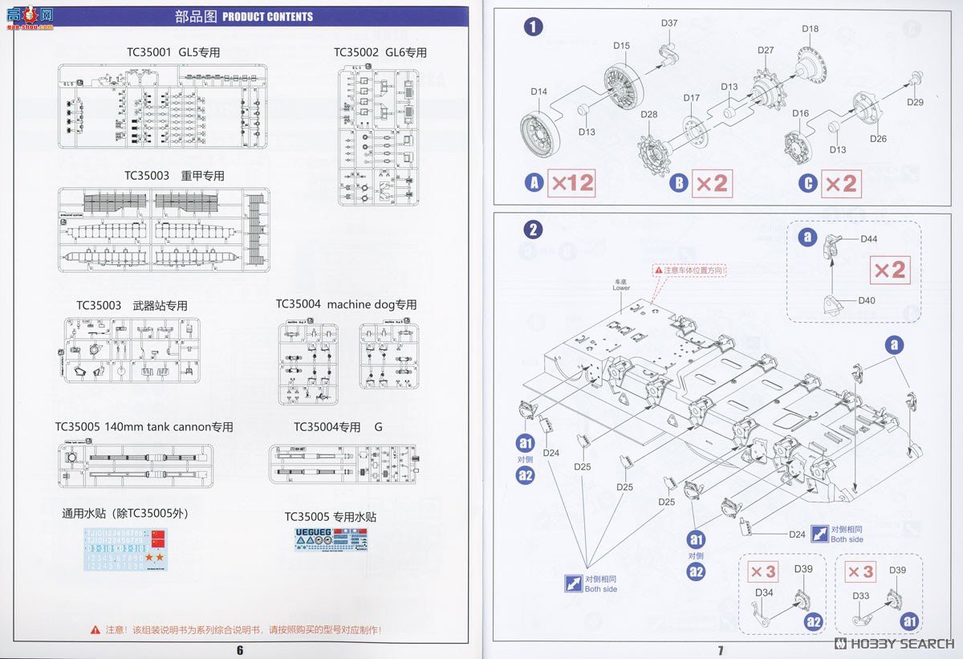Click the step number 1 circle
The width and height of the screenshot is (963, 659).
(533, 27)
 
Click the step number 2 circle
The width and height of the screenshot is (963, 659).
(533, 230)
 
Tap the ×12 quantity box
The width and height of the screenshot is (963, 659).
(571, 183)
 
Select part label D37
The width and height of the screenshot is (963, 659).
(669, 23)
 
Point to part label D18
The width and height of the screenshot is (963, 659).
(810, 29)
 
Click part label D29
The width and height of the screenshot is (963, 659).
(915, 102)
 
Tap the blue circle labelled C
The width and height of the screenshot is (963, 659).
(808, 183)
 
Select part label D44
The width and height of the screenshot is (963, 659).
(868, 239)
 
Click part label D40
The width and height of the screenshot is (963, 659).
(866, 300)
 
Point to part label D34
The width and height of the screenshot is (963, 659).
(764, 593)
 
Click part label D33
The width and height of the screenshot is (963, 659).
(860, 596)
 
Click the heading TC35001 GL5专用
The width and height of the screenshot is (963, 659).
(173, 52)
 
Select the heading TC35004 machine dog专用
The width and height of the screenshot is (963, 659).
(347, 305)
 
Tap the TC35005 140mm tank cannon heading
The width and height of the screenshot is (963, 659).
(144, 427)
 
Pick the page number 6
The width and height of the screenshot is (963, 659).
(239, 650)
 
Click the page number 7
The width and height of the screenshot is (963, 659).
(720, 650)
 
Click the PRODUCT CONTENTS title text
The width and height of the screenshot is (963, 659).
(267, 16)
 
